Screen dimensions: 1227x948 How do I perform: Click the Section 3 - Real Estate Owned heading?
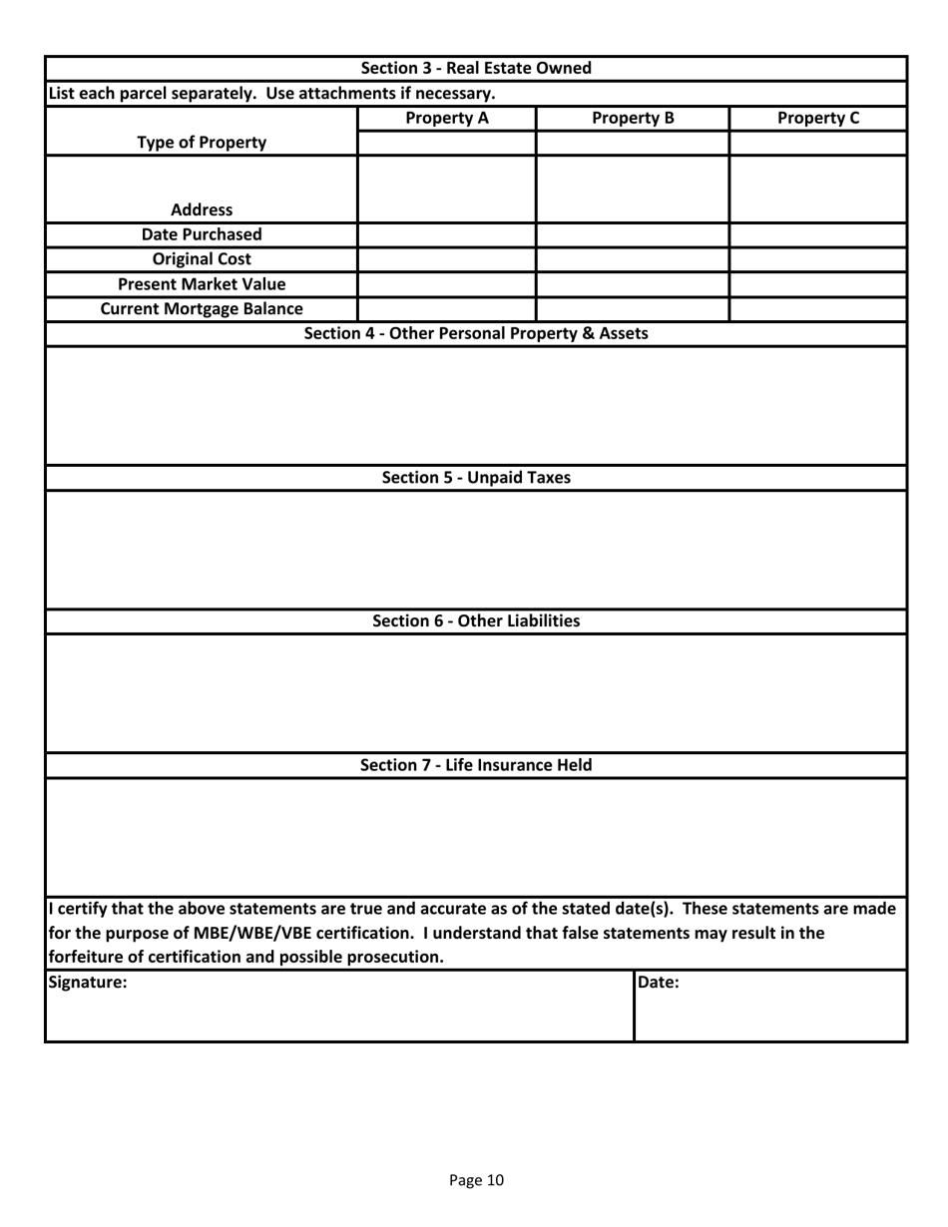click(x=475, y=69)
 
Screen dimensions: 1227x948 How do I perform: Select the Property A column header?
click(x=446, y=118)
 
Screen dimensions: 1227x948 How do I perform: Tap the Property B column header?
click(x=633, y=118)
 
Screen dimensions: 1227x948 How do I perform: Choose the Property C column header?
click(x=817, y=118)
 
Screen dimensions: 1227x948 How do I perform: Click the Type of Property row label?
click(x=202, y=142)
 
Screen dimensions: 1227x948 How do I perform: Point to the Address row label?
click(x=202, y=209)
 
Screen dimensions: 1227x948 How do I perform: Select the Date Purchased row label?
click(x=202, y=234)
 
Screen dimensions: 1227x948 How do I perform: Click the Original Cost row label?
click(x=202, y=259)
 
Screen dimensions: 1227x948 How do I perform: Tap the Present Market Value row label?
click(x=202, y=284)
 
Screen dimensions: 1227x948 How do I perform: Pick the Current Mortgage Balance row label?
click(x=202, y=309)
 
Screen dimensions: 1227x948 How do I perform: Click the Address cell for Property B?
click(x=633, y=189)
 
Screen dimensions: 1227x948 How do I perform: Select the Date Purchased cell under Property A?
click(x=446, y=235)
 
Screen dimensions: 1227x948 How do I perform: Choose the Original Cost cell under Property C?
click(x=817, y=260)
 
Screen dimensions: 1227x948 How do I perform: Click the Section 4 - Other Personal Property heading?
click(x=475, y=333)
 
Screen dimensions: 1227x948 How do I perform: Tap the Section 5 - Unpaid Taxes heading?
click(x=476, y=478)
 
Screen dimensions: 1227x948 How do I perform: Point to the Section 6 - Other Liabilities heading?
click(x=475, y=621)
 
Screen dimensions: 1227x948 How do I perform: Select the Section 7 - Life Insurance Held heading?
click(x=475, y=765)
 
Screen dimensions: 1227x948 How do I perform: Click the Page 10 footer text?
click(x=476, y=1180)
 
